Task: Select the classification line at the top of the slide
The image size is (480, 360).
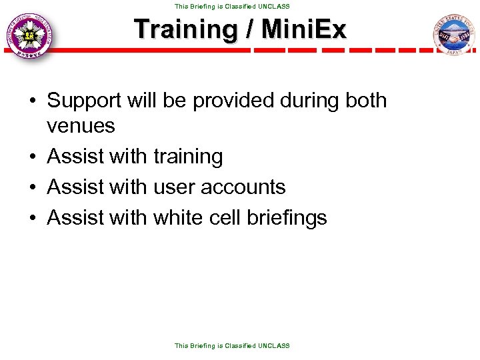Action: click(x=232, y=6)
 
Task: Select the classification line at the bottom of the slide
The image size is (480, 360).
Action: click(x=232, y=346)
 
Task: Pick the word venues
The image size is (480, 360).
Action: click(x=81, y=125)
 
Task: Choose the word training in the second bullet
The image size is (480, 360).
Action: click(x=188, y=157)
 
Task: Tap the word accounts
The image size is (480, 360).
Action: click(x=244, y=187)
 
